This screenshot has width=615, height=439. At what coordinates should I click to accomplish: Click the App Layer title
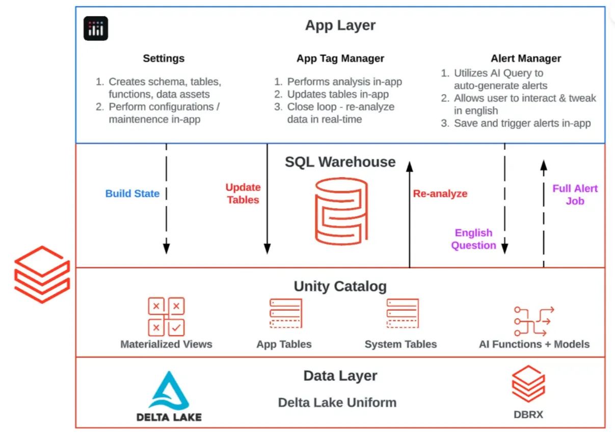[340, 25]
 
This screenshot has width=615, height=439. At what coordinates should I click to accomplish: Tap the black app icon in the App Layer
[96, 28]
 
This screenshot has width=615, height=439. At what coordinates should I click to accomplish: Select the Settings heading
[164, 59]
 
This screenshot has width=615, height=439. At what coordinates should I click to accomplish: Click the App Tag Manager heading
[340, 59]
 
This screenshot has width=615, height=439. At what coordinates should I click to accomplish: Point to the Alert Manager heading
[526, 59]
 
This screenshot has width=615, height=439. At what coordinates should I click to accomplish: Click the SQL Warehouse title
[340, 162]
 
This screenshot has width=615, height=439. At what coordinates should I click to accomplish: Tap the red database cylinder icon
[341, 211]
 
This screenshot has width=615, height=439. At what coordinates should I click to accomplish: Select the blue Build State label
[132, 194]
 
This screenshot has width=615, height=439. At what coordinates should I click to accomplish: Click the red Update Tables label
[243, 194]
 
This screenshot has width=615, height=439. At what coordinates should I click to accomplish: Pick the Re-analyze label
[440, 194]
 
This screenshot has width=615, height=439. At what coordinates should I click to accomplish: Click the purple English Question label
[473, 239]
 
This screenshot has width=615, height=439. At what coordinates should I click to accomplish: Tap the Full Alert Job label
[575, 195]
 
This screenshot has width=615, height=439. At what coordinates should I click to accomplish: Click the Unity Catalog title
[340, 286]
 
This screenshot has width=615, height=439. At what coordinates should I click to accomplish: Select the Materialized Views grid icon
[167, 317]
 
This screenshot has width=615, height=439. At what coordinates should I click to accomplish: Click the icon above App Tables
[286, 313]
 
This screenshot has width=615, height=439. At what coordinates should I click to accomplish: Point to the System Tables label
[400, 344]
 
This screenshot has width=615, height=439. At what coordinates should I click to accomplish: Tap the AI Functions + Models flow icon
[534, 321]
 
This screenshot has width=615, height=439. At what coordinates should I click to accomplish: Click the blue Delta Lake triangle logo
[169, 391]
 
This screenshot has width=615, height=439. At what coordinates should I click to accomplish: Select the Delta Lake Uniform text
[337, 403]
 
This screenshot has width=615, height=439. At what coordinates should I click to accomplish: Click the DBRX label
[528, 415]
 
